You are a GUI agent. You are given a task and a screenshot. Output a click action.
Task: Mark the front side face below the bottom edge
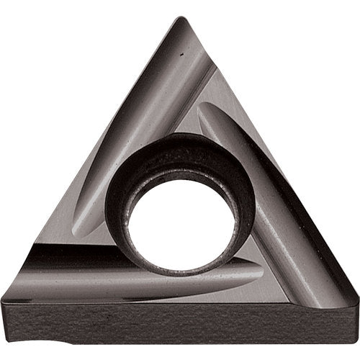180,324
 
